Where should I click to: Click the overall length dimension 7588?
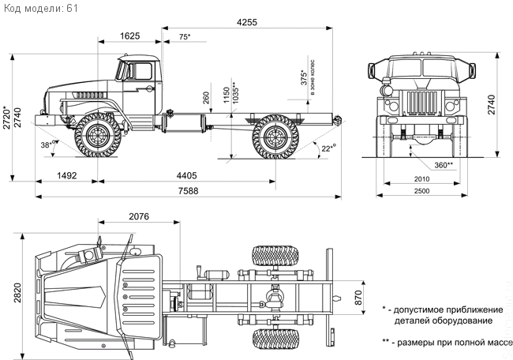click(x=188, y=191)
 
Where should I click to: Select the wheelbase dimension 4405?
click(x=187, y=176)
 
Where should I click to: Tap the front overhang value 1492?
click(x=67, y=176)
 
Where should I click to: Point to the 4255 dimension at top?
click(x=247, y=22)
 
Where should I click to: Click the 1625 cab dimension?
click(x=130, y=36)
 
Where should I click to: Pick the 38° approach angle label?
click(x=48, y=144)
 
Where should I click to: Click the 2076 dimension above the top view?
click(x=139, y=216)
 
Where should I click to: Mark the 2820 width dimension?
click(x=17, y=293)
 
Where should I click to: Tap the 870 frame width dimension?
click(x=358, y=298)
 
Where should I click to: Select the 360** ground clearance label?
click(x=444, y=165)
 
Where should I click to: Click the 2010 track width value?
click(x=421, y=179)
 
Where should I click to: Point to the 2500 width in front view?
click(x=421, y=191)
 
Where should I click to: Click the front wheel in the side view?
click(x=98, y=135)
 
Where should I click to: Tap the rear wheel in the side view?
click(x=275, y=136)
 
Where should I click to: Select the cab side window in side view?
click(x=143, y=71)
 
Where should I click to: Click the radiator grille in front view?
click(x=421, y=102)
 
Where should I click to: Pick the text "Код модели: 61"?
click(x=40, y=8)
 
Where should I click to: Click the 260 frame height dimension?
click(x=206, y=98)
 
